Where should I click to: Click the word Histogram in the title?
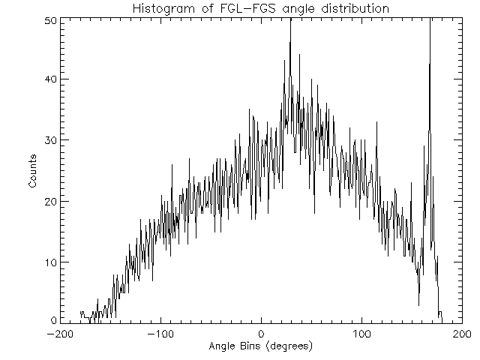(x=162, y=9)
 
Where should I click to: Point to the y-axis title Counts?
(x=33, y=172)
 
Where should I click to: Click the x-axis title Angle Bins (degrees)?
(x=260, y=347)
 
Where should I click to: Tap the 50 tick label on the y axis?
(x=49, y=19)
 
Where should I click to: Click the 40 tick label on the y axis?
(x=49, y=79)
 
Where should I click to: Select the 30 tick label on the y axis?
(x=49, y=140)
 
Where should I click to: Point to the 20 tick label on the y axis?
(x=49, y=201)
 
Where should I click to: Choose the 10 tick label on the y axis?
(x=49, y=262)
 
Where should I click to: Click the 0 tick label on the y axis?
(x=52, y=321)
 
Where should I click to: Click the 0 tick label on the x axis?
(x=261, y=334)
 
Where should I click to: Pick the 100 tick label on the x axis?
(x=361, y=334)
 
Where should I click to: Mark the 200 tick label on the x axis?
(x=462, y=334)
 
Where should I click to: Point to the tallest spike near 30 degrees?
(x=290, y=45)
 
